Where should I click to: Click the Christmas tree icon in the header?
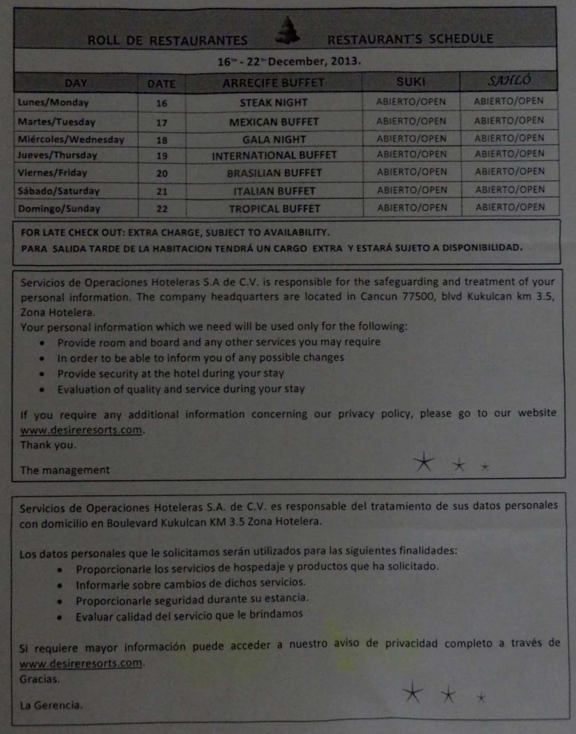click(288, 31)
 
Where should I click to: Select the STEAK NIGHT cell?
click(273, 103)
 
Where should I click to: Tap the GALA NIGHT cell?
click(274, 140)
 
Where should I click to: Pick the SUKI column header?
click(410, 82)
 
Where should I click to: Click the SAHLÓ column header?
click(509, 81)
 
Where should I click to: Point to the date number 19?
click(162, 156)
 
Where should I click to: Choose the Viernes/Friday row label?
click(52, 173)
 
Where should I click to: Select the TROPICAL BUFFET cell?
click(274, 209)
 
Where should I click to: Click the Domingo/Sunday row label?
click(59, 209)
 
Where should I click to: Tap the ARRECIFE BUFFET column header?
click(273, 83)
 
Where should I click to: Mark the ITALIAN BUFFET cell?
click(274, 191)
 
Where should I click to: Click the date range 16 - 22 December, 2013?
click(289, 61)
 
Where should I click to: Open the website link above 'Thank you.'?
click(81, 430)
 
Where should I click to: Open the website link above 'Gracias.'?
click(81, 663)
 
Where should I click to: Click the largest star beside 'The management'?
click(424, 462)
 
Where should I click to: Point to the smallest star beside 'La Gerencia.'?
click(481, 697)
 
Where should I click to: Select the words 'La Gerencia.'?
click(51, 705)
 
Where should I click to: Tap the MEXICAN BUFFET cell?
click(273, 122)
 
